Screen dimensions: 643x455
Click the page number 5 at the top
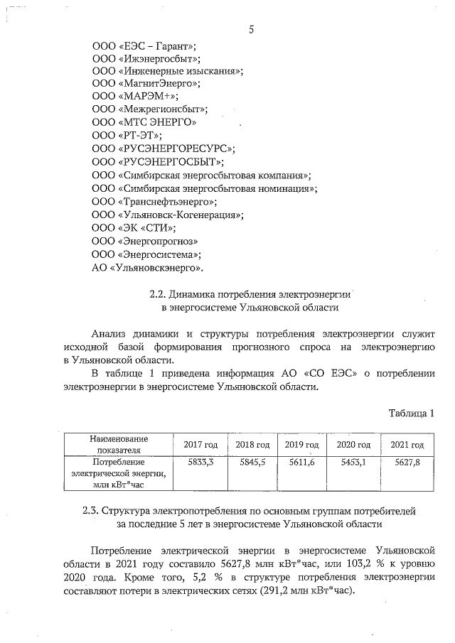[252, 29]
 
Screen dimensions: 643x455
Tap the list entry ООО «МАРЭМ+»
[136, 96]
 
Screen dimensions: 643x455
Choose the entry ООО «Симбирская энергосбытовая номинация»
[205, 188]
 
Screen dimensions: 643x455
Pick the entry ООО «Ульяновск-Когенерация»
[168, 214]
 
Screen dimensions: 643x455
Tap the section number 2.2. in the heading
[159, 294]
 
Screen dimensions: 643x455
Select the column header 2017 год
[200, 445]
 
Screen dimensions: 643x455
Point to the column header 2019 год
[301, 445]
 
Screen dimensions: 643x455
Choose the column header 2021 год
[407, 445]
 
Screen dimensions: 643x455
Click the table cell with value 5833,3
[200, 462]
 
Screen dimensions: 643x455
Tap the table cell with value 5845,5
[252, 462]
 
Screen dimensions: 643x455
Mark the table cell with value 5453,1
[353, 462]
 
